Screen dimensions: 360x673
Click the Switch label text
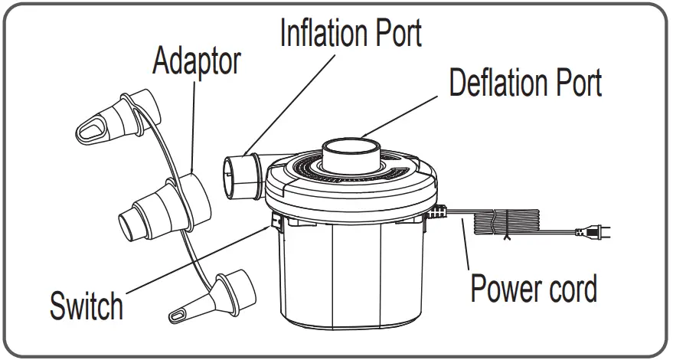[86, 306]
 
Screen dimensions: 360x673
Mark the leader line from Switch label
[191, 261]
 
